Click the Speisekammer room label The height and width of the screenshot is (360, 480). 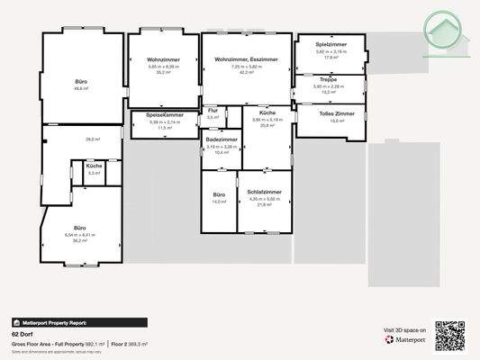[164, 115]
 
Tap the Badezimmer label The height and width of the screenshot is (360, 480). [222, 140]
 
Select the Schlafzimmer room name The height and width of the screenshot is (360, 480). [264, 192]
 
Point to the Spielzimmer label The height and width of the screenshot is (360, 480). [331, 45]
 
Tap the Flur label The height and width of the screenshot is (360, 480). [213, 111]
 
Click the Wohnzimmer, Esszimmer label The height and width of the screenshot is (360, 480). [246, 60]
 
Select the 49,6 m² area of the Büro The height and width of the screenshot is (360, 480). [81, 89]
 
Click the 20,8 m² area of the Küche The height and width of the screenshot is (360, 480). [267, 125]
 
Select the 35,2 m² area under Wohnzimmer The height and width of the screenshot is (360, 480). [164, 73]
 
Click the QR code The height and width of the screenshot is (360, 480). [449, 335]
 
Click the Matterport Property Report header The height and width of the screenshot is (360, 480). [54, 321]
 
